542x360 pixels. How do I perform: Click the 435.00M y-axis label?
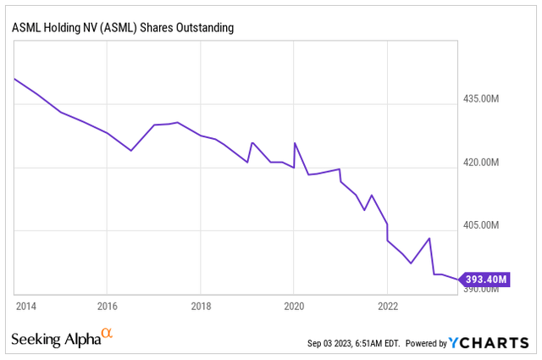pyautogui.click(x=485, y=99)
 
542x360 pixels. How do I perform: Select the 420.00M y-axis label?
pyautogui.click(x=485, y=163)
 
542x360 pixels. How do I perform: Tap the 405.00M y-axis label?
pyautogui.click(x=485, y=225)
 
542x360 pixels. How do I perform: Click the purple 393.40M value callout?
pyautogui.click(x=486, y=279)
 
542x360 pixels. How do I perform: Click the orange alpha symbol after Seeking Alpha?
pyautogui.click(x=107, y=335)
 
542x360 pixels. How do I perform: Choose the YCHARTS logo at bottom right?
pyautogui.click(x=489, y=343)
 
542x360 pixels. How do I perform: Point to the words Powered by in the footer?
pyautogui.click(x=426, y=344)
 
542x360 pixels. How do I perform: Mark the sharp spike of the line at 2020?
pyautogui.click(x=295, y=143)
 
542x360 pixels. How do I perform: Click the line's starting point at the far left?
pyautogui.click(x=14, y=79)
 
